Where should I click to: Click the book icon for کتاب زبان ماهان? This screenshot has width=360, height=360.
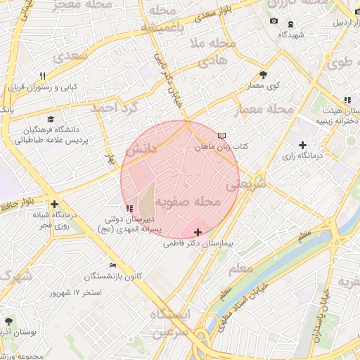[223, 135]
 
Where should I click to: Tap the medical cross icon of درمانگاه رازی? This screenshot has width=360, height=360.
[302, 145]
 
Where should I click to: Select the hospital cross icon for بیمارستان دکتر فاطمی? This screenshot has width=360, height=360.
[198, 232]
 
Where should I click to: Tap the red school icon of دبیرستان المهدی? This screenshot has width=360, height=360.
[128, 208]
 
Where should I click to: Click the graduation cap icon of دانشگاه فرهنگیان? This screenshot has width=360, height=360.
[50, 120]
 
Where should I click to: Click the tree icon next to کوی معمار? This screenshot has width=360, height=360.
[263, 74]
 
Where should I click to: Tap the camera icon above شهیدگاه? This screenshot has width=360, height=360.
[274, 22]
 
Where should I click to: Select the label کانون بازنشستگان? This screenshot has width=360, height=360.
[113, 275]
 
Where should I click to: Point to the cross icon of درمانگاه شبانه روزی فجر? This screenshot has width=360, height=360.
[54, 204]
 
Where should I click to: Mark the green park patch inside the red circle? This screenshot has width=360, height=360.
[146, 201]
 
